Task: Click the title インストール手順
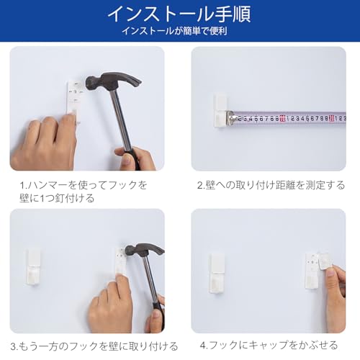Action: pos(179,14)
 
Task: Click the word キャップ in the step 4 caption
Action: pos(269,346)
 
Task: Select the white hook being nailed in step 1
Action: pos(74,97)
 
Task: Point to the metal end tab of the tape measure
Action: pos(232,117)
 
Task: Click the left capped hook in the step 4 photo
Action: pos(219,272)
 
